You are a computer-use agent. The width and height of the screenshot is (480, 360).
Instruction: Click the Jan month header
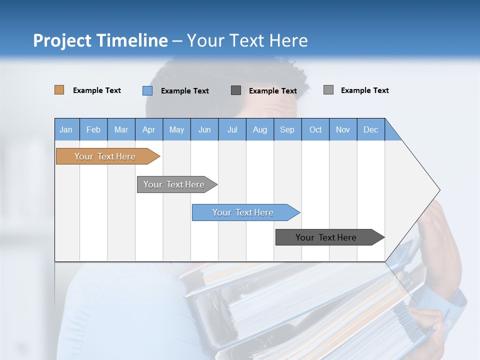tap(66, 129)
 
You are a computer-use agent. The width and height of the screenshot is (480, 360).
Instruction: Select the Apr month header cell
tap(148, 129)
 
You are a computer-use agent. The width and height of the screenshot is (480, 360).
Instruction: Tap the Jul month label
tap(232, 129)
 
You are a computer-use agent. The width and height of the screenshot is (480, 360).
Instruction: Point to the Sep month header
tap(287, 129)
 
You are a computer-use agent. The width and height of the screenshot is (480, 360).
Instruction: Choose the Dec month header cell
tap(370, 129)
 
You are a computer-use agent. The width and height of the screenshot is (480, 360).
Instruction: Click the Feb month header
tap(93, 129)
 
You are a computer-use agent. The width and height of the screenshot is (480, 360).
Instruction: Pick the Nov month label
tap(343, 129)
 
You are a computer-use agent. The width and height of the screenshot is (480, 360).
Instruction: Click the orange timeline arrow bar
tap(105, 156)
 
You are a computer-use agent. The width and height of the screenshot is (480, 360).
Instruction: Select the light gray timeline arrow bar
tap(174, 184)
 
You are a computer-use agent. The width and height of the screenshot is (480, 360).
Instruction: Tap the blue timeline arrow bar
tap(243, 212)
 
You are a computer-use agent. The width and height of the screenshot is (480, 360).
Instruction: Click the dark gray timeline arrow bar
tap(326, 237)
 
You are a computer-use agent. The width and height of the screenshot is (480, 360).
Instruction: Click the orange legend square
tap(59, 90)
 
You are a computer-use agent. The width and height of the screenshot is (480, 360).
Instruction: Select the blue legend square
tap(147, 90)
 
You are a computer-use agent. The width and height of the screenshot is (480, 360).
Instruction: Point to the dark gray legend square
tap(236, 90)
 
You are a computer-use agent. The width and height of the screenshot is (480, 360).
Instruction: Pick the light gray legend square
tap(328, 90)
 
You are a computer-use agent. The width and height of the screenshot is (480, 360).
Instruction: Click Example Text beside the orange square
tap(96, 90)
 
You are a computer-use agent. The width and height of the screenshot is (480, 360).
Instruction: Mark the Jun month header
tap(204, 129)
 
